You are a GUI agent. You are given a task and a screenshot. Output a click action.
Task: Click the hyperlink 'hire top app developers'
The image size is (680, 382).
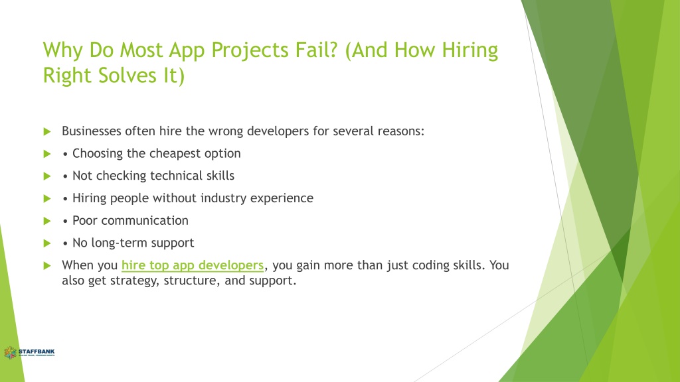[x=193, y=265]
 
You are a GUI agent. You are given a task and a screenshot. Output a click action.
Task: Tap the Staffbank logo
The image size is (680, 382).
[x=29, y=353]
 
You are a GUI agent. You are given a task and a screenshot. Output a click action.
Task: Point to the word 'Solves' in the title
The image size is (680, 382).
[x=127, y=76]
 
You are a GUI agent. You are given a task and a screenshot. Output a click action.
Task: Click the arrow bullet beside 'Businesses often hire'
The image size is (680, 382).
[x=47, y=132]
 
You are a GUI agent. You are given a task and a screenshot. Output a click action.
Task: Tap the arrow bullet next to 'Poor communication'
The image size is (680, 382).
[x=47, y=221]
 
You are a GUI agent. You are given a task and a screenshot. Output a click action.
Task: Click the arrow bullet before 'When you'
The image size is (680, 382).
[x=47, y=265]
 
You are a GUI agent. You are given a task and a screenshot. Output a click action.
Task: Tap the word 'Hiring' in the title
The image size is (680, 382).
[x=470, y=50]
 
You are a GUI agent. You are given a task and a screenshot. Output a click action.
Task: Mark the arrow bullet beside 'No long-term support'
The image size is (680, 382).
[x=47, y=243]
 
